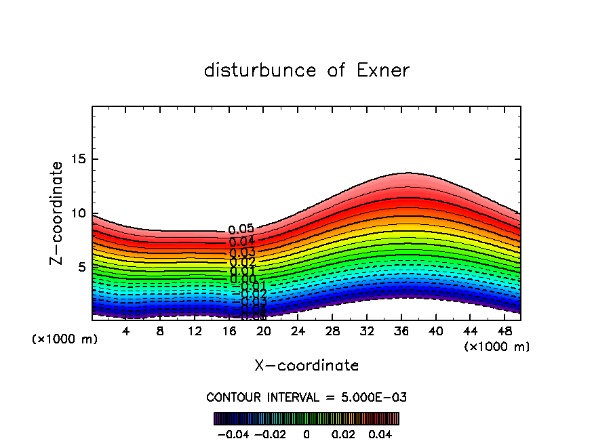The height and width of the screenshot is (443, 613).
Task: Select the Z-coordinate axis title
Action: click(x=58, y=213)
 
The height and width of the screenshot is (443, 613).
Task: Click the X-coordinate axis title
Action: click(x=306, y=366)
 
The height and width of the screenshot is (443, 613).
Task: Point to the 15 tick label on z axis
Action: click(x=79, y=160)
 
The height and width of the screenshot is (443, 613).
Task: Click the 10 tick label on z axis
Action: click(x=79, y=213)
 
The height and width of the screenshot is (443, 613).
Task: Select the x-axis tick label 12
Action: click(x=195, y=331)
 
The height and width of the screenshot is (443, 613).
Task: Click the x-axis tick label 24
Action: click(x=298, y=331)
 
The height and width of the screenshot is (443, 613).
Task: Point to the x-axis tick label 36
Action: click(x=401, y=331)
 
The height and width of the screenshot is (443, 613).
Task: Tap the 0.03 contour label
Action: click(x=242, y=253)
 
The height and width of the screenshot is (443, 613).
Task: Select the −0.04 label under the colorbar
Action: click(x=232, y=434)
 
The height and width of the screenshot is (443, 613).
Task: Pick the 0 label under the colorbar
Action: click(x=306, y=434)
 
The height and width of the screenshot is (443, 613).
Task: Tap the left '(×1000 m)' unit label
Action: click(x=65, y=339)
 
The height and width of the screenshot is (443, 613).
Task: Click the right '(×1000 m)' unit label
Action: click(x=497, y=347)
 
